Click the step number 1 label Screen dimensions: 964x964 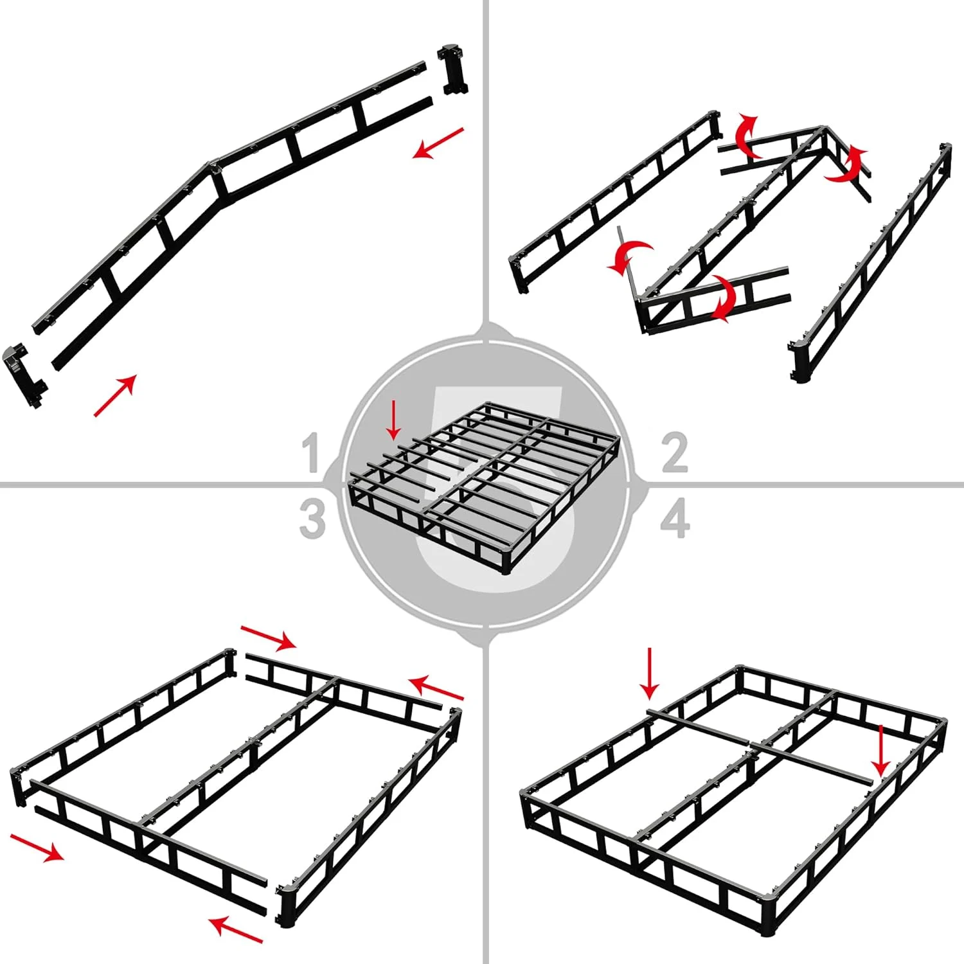312,452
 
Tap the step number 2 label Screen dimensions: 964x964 674,452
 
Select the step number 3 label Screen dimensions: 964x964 312,519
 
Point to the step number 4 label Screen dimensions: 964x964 675,519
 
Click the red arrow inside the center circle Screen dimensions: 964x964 394,421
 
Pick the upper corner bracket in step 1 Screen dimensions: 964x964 452,69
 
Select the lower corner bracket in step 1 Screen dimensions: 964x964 24,375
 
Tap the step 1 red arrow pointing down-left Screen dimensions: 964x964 438,143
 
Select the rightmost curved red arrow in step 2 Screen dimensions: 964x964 848,165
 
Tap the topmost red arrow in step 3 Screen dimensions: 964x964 268,636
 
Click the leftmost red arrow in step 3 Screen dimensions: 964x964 37,846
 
